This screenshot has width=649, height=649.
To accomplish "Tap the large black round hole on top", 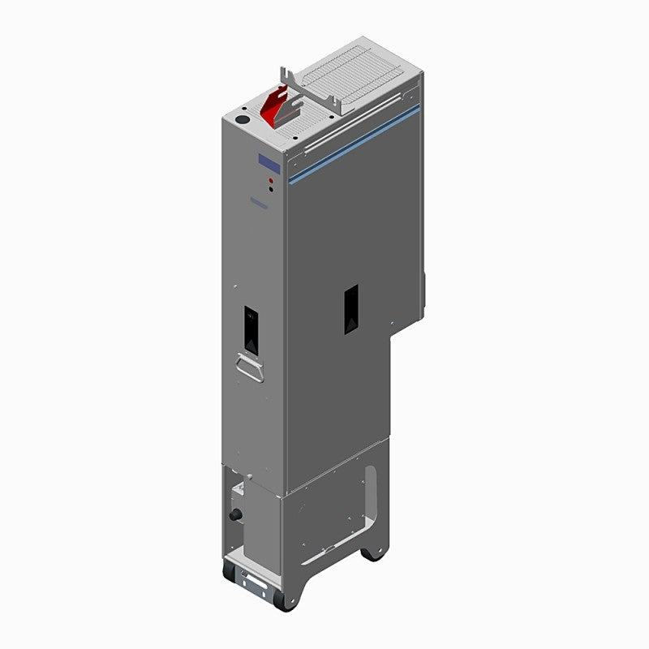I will [x=241, y=118].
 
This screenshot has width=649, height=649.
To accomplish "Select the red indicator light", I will [x=270, y=180].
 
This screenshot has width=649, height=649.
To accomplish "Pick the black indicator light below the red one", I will [x=270, y=190].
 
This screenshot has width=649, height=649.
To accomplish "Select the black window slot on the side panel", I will [x=350, y=309].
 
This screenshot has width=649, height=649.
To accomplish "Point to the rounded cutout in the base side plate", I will [x=371, y=495].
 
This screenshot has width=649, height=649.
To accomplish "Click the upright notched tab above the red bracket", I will [x=286, y=80].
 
